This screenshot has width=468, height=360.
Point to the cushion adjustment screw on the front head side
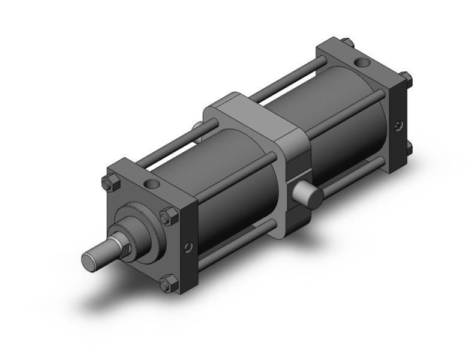(x=189, y=247)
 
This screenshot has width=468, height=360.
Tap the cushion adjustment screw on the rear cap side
(x=399, y=126)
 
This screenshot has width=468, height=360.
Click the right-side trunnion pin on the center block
(x=306, y=194)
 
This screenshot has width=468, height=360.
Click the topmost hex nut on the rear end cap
(x=347, y=43)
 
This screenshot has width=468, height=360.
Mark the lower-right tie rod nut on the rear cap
(x=409, y=147)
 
